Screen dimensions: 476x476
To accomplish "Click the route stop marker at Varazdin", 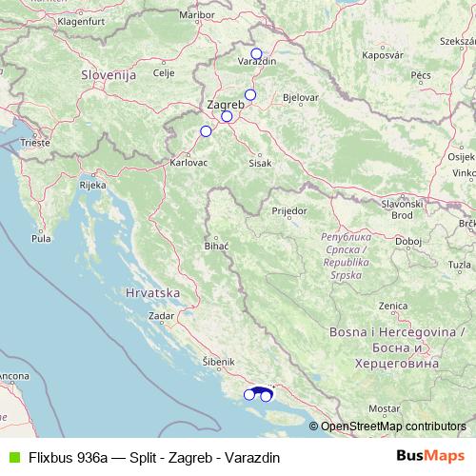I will point(256,53).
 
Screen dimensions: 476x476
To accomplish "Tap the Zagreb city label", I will point(225,105).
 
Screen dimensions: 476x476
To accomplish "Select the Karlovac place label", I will point(188,163).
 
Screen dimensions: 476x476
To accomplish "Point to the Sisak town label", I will point(260,163).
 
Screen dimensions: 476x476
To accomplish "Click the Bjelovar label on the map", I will point(301,98).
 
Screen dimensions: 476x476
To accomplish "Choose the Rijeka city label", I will point(92,186).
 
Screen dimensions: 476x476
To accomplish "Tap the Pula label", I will point(40,239).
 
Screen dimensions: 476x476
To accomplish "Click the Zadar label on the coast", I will point(162,314).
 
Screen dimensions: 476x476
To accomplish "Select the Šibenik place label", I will point(218,362).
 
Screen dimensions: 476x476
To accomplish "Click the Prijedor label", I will point(288,209).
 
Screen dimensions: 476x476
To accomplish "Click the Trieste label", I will point(35,143).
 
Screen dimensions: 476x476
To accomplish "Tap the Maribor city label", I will point(224,15).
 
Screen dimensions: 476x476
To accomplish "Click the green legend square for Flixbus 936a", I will point(11,456).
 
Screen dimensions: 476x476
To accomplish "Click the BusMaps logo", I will point(429,456).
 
